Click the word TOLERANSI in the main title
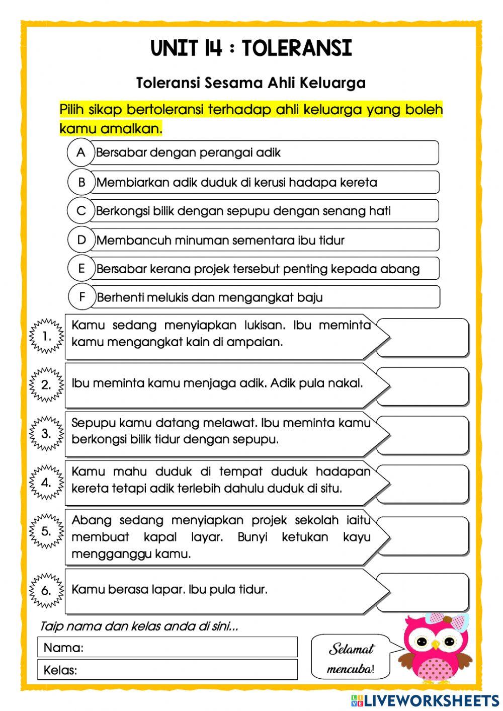click(x=297, y=48)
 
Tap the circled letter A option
click(x=81, y=152)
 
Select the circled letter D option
click(x=81, y=240)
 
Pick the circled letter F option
click(x=82, y=297)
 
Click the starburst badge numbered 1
click(x=47, y=336)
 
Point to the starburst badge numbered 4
click(x=46, y=483)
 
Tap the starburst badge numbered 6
click(x=46, y=590)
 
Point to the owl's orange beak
click(x=435, y=645)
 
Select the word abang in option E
click(x=400, y=269)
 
